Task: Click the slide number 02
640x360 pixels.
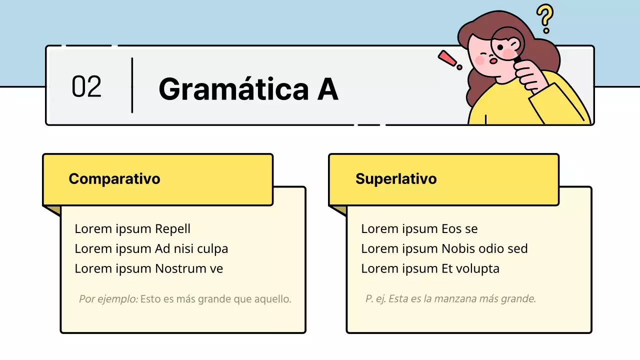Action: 86,86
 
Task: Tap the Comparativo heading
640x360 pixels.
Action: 114,178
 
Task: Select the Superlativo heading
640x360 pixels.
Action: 396,178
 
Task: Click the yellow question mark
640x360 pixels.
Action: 545,18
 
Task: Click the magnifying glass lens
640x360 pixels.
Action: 507,44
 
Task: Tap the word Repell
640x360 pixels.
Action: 172,229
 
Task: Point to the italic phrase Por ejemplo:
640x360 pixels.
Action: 108,299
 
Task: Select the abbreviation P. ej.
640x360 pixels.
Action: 375,299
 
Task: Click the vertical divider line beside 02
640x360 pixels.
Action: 132,85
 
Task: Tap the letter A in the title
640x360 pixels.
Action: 327,89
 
